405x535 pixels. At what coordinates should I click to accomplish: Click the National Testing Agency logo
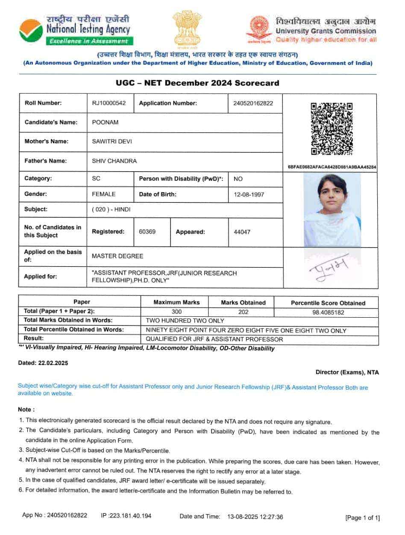tap(31, 30)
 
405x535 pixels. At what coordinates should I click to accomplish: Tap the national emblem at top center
tap(187, 28)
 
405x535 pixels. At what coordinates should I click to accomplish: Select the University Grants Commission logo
tap(261, 30)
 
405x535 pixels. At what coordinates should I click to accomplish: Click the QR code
tap(332, 129)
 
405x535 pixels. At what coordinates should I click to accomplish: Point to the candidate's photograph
tap(332, 209)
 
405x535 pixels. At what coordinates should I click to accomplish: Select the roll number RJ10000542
tap(109, 103)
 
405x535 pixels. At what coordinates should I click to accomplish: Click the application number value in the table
tap(253, 103)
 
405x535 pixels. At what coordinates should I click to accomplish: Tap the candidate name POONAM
tap(105, 122)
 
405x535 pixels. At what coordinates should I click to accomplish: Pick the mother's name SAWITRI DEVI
tap(112, 141)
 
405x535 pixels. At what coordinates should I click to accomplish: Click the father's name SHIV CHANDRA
tap(114, 161)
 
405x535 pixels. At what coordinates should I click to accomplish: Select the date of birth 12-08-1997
tap(249, 194)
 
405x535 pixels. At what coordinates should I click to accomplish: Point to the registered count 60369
tap(147, 231)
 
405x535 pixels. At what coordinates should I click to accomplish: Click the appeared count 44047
tap(242, 232)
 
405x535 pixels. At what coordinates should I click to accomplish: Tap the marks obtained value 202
tap(243, 312)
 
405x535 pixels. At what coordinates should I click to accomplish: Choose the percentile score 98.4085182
tap(328, 313)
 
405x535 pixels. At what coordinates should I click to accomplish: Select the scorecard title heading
tap(197, 83)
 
